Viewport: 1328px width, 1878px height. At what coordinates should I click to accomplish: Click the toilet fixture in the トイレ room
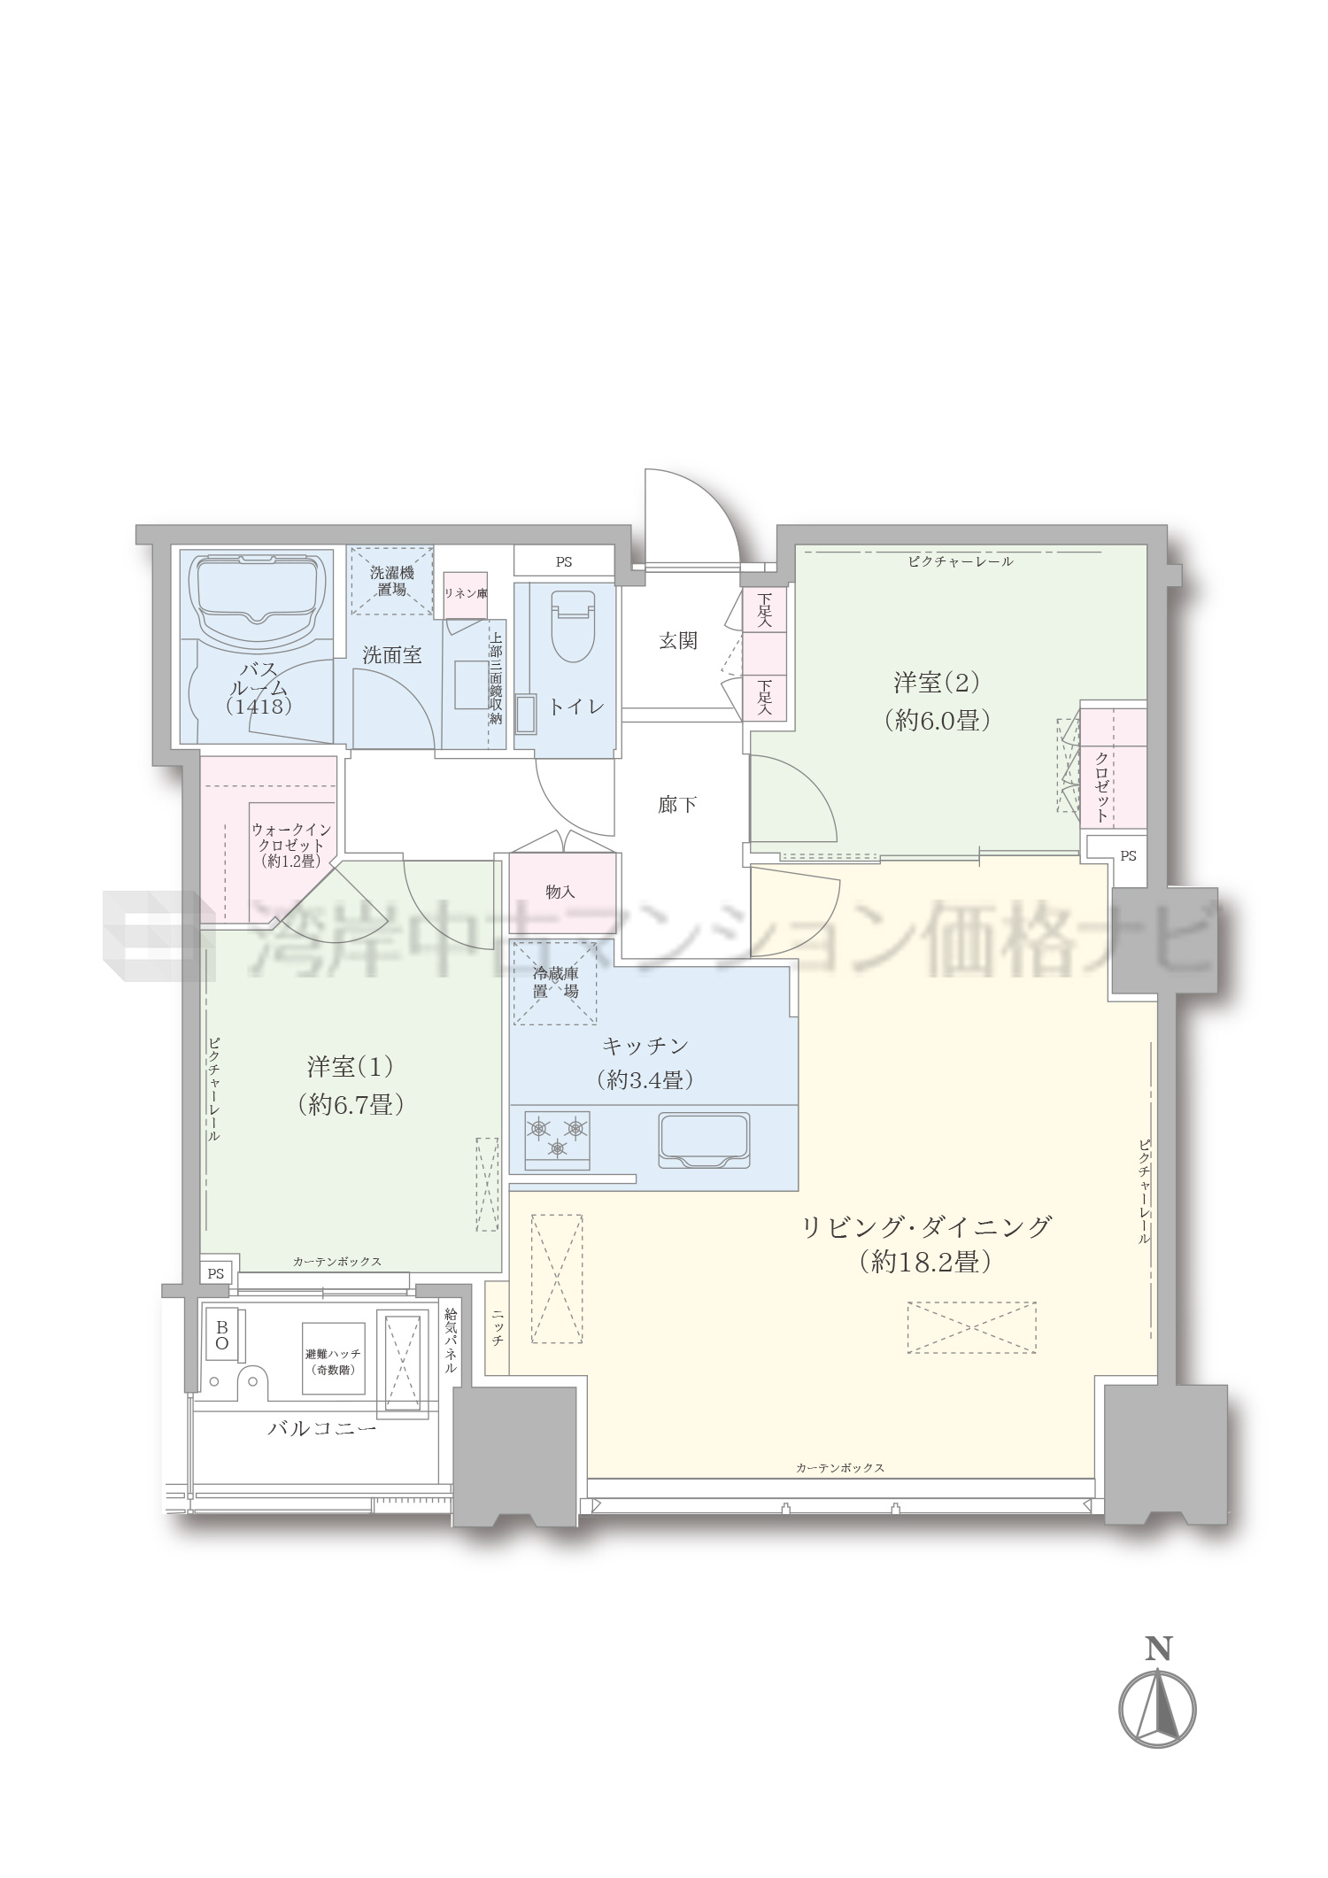pyautogui.click(x=573, y=626)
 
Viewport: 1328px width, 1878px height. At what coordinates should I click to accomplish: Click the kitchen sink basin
pyautogui.click(x=704, y=1140)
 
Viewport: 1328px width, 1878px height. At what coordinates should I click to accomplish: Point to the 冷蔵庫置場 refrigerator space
pyautogui.click(x=555, y=983)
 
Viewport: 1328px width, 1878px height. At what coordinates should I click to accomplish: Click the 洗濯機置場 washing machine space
pyautogui.click(x=392, y=581)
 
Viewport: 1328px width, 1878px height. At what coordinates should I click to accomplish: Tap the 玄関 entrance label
pyautogui.click(x=678, y=640)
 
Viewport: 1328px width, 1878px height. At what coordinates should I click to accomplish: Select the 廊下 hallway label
pyautogui.click(x=677, y=805)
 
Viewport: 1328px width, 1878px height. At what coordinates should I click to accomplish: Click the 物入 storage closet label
pyautogui.click(x=560, y=892)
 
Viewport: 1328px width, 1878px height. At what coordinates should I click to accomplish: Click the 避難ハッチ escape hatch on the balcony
pyautogui.click(x=333, y=1358)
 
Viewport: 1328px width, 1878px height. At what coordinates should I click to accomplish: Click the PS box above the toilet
pyautogui.click(x=564, y=561)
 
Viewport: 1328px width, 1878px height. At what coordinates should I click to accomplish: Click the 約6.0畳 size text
pyautogui.click(x=937, y=720)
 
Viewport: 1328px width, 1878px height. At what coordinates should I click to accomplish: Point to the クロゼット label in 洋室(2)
pyautogui.click(x=1101, y=786)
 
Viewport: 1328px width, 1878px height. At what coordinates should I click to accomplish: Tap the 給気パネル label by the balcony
pyautogui.click(x=451, y=1341)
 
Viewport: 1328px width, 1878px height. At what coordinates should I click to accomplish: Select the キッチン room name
pyautogui.click(x=645, y=1046)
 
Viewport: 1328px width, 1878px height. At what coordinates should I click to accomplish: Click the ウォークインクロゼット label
pyautogui.click(x=291, y=845)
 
